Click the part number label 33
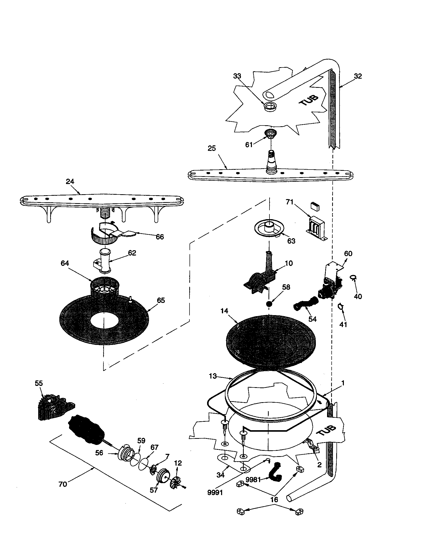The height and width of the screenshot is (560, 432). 237,76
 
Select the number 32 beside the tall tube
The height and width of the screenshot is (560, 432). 358,76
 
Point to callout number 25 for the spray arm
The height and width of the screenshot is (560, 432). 212,148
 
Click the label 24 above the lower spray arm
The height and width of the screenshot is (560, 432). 70,181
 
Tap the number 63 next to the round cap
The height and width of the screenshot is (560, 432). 291,241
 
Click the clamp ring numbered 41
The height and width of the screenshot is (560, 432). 340,306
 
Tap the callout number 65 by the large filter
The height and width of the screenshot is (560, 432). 160,300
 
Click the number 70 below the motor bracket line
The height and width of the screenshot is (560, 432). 63,484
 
